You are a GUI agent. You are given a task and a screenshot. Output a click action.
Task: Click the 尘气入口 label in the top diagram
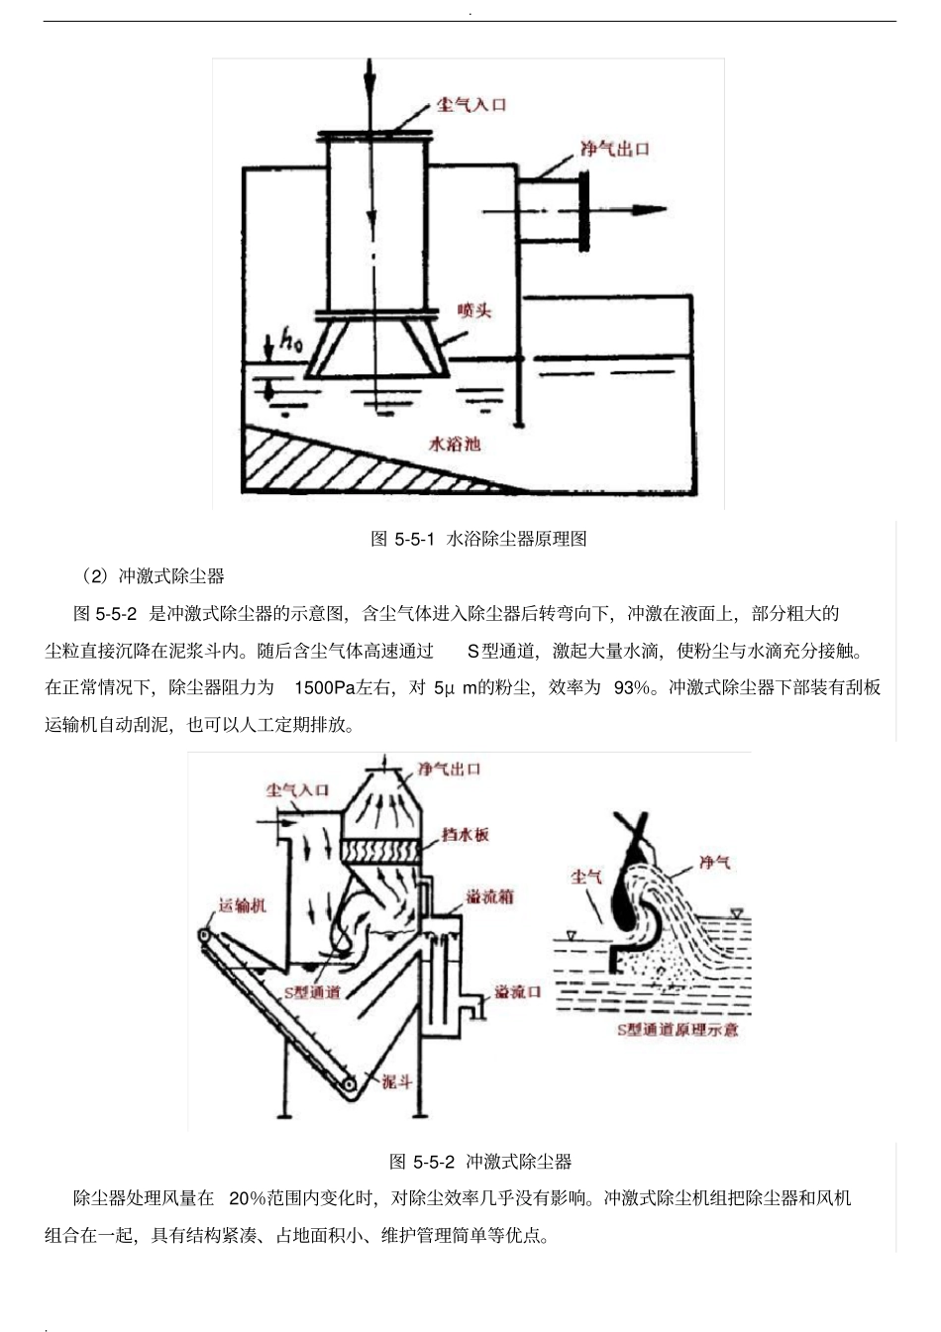470,104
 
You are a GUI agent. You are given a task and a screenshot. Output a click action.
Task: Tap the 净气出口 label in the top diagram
614,149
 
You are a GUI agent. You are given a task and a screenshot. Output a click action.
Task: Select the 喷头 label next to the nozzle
474,310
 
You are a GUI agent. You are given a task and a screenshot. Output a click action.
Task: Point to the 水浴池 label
455,444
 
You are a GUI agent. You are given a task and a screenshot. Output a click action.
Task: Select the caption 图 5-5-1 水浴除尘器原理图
478,539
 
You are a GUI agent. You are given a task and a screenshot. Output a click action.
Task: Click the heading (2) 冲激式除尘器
153,576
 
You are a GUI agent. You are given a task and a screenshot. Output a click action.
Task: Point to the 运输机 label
242,905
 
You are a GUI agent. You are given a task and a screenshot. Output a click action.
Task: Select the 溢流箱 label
490,897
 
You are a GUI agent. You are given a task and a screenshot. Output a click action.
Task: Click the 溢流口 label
518,991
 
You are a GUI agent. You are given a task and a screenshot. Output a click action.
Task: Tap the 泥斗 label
396,1081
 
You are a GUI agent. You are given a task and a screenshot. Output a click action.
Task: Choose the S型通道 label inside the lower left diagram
312,991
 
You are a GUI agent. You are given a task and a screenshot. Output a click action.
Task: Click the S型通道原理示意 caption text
678,1029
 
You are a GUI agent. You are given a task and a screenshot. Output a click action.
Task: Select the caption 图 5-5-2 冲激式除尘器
480,1162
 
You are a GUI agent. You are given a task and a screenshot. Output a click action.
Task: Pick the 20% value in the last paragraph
248,1198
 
